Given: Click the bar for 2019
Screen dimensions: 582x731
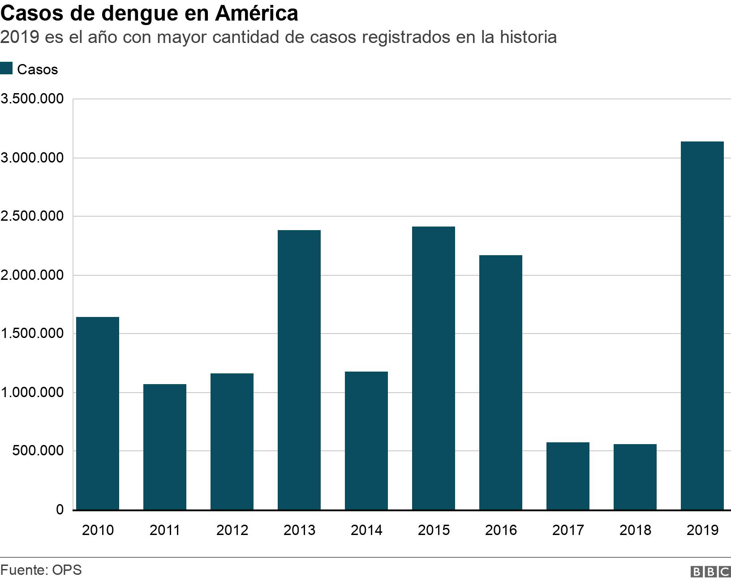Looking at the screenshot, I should (x=702, y=325).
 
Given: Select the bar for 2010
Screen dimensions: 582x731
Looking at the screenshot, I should (x=98, y=413).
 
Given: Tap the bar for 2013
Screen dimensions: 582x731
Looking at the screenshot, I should (x=299, y=370).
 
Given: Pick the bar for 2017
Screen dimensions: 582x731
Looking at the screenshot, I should (x=568, y=476).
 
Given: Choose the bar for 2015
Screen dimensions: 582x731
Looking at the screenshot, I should (x=434, y=368).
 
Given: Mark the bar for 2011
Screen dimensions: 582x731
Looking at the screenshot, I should (x=165, y=447).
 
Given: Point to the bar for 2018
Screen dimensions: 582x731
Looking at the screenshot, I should (x=635, y=477).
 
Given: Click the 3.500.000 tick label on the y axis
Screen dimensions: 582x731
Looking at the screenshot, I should (x=32, y=98).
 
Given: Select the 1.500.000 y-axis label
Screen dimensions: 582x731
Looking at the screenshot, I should (x=32, y=334).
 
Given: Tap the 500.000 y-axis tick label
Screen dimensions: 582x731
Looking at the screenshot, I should (x=38, y=451).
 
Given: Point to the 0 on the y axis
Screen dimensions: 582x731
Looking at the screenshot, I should (x=60, y=509).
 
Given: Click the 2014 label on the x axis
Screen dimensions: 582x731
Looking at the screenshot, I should (x=366, y=530).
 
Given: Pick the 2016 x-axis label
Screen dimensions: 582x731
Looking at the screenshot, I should (x=501, y=530).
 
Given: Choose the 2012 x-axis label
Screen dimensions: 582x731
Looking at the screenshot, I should (x=232, y=530).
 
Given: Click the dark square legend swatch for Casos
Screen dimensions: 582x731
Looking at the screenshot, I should (x=6, y=69).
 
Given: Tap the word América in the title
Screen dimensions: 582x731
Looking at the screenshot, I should (x=256, y=13).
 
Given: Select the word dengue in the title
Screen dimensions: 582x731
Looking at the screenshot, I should (x=141, y=14).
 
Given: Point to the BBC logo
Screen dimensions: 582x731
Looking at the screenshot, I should (x=710, y=572).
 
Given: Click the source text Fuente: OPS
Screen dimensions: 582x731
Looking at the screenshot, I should (x=41, y=570).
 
